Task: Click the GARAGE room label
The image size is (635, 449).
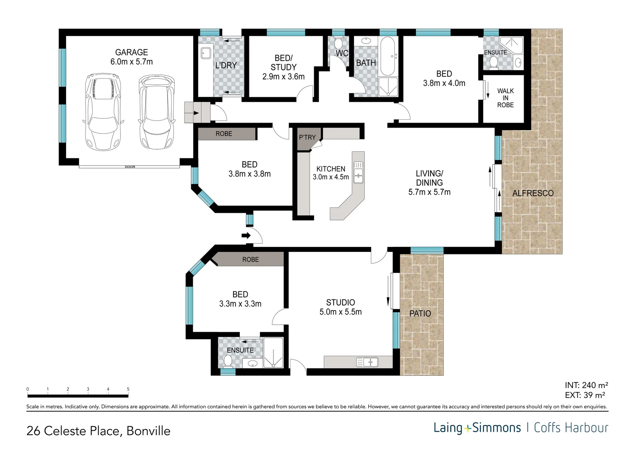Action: click(x=131, y=52)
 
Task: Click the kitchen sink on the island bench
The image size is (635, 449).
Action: click(x=358, y=173)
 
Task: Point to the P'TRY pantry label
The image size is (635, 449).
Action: click(x=307, y=137)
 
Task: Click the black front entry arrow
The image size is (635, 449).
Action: click(x=246, y=236)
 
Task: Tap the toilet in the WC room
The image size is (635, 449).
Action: click(x=338, y=43)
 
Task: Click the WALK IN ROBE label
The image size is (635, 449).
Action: click(x=505, y=98)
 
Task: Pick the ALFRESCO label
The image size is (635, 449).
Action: click(x=533, y=193)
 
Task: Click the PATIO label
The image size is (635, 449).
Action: click(x=420, y=313)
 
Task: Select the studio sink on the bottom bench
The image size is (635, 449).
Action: click(x=367, y=363)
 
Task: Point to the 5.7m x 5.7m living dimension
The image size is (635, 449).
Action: click(x=429, y=192)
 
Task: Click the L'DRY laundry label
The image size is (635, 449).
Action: click(x=226, y=65)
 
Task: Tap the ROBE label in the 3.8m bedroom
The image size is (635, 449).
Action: click(x=224, y=134)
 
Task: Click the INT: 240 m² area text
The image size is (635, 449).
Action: click(x=586, y=385)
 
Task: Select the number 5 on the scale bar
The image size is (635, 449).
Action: click(x=128, y=389)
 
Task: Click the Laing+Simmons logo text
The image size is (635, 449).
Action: click(x=477, y=428)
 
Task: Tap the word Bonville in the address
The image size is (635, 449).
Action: click(x=148, y=431)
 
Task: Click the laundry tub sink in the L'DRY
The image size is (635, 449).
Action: click(x=206, y=53)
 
